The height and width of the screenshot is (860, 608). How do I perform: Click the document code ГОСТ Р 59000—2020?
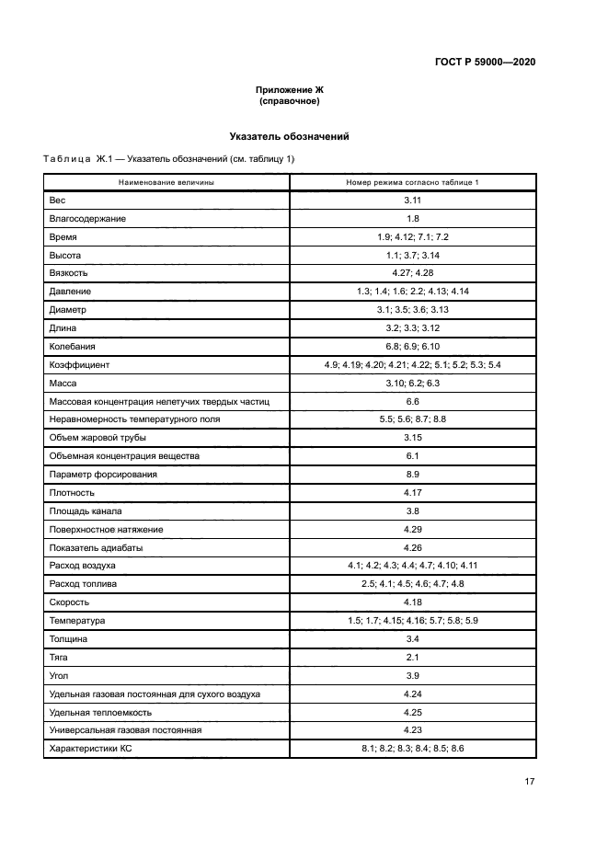tap(485, 62)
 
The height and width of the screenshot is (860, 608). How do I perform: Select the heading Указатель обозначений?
tap(289, 136)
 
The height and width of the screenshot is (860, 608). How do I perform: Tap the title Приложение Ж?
tap(289, 90)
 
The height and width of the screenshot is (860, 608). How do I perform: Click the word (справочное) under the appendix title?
tap(289, 101)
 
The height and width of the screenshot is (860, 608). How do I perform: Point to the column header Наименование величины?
tap(166, 183)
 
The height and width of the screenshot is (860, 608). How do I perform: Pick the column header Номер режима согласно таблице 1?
tap(412, 183)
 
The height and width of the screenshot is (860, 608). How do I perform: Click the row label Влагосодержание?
tap(87, 219)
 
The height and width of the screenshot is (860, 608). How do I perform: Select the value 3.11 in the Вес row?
tap(412, 201)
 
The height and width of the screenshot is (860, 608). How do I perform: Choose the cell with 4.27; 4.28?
tap(412, 273)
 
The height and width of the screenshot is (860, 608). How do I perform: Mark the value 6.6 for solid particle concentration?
tap(412, 401)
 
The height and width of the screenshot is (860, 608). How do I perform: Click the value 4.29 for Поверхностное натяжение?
tap(412, 529)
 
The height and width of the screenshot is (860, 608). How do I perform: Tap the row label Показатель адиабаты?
tap(95, 547)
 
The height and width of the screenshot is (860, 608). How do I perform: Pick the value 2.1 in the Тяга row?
tap(412, 658)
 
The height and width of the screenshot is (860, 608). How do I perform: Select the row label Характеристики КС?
tap(90, 750)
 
